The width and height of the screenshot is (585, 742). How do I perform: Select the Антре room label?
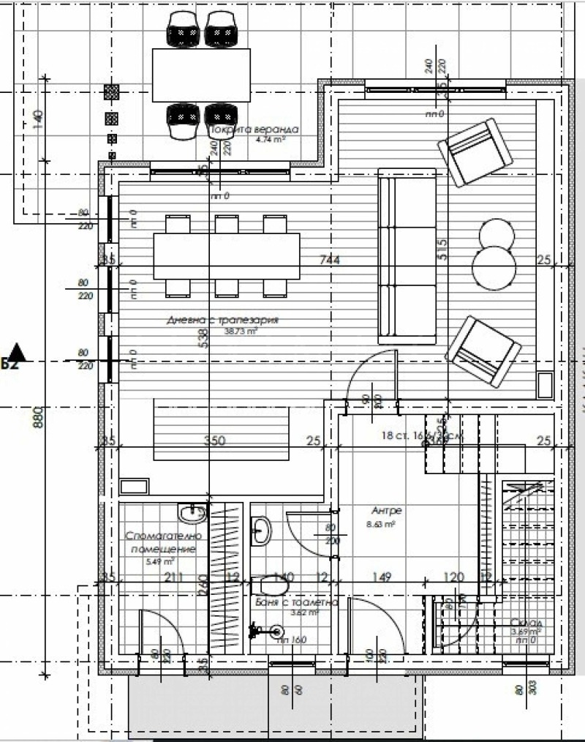387,510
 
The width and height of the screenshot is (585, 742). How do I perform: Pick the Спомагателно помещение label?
161,542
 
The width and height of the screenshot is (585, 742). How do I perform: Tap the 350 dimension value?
214,441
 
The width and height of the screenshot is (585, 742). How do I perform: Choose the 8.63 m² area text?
380,524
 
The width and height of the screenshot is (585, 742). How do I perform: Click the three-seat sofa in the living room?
407,255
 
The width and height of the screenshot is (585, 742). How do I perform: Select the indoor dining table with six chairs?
226,255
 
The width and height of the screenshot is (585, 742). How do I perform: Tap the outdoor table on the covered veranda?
201,75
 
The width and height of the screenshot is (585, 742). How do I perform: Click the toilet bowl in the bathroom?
273,585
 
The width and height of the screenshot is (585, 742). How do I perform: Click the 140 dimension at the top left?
39,117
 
